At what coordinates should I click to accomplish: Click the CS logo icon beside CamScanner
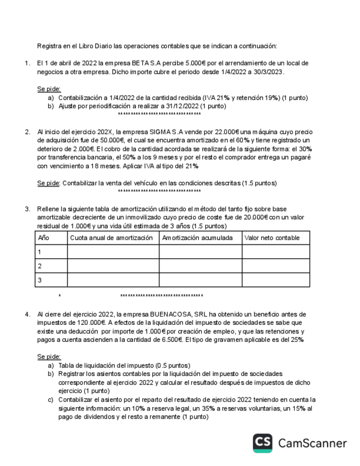(263, 443)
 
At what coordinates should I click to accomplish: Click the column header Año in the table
(42, 238)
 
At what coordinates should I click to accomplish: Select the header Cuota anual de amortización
(111, 238)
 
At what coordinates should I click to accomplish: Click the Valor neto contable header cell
(273, 238)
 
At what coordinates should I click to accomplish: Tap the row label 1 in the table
(39, 252)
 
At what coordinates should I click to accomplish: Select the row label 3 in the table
(39, 280)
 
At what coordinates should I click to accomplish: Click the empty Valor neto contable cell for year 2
(275, 266)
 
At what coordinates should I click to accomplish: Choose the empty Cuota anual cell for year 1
(113, 252)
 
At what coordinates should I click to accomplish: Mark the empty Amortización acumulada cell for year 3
(200, 280)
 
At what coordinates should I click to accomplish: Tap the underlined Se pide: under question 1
(49, 88)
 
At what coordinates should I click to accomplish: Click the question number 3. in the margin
(27, 209)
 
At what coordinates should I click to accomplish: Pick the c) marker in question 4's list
(51, 399)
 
